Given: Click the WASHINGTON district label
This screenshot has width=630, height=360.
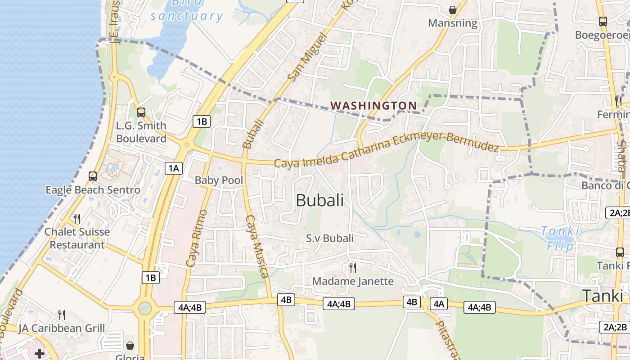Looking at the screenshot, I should point(373,106).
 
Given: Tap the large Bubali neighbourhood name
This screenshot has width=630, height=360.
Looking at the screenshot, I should point(319,201).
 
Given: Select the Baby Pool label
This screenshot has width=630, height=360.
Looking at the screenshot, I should point(219,180).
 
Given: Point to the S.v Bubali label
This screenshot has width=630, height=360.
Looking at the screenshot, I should point(330,238).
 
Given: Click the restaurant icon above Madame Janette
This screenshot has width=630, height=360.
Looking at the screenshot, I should point(353,268).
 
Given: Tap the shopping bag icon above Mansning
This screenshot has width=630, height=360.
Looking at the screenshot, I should point(452,9).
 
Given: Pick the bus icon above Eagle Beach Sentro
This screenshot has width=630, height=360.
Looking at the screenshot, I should point(93,176).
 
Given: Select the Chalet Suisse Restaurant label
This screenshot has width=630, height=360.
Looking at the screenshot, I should point(77,238).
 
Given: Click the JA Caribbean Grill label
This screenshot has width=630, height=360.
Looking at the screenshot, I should point(62,328).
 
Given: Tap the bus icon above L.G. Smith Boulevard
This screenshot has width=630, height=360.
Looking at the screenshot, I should point(141,112).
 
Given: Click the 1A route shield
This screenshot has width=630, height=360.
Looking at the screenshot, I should point(174,169).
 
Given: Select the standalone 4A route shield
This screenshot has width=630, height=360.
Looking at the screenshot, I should point(439,303).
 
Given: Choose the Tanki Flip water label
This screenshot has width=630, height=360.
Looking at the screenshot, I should point(560,238).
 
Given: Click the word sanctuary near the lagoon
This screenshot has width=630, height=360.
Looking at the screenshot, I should point(186,17).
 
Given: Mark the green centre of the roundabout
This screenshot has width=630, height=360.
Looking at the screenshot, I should point(145,308).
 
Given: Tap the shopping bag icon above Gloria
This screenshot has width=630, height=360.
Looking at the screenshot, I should point(130,346).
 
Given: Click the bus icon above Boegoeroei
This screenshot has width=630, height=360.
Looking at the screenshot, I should point(603,21).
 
